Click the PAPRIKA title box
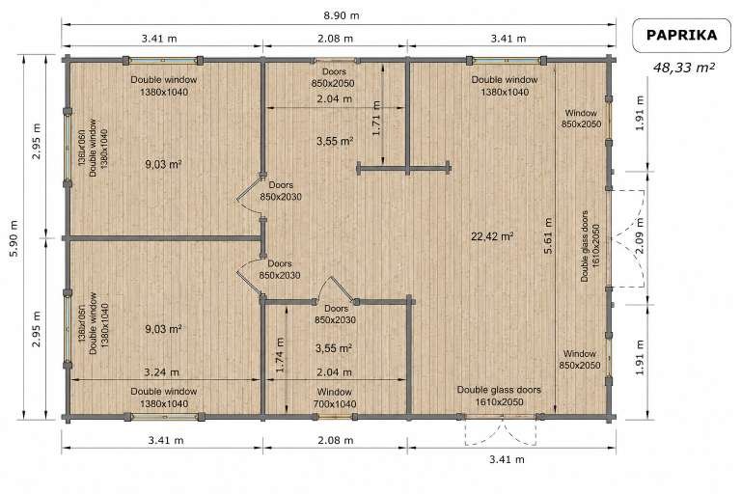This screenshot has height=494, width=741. [x=681, y=35]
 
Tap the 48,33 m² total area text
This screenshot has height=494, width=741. [x=683, y=68]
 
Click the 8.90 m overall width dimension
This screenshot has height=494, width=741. [x=342, y=15]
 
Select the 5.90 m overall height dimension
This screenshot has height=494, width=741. [x=14, y=237]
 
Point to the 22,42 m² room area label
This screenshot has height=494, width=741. [x=492, y=236]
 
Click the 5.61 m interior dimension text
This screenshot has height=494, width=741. [x=548, y=235]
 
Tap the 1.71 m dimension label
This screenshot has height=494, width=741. [x=376, y=118]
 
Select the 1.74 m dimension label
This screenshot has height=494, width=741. [x=279, y=354]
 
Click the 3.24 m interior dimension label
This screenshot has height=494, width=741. [x=161, y=372]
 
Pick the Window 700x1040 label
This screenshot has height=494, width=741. [x=335, y=398]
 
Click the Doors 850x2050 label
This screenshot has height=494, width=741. [x=334, y=77]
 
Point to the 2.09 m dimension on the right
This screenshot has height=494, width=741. [x=640, y=235]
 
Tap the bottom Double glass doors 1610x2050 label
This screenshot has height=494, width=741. [x=499, y=396]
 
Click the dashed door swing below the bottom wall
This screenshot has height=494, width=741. [x=501, y=432]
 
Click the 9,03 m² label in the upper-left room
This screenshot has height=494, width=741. [x=163, y=165]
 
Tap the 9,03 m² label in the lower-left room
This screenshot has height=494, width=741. [x=163, y=329]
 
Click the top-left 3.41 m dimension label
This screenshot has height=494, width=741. [x=159, y=39]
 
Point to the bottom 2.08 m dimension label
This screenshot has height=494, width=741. [x=335, y=440]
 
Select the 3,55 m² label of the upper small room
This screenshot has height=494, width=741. [x=335, y=141]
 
